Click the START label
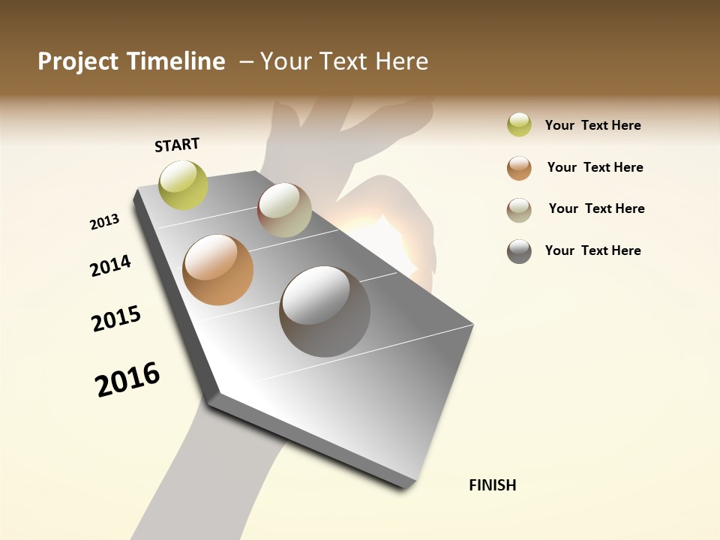coord(177,145)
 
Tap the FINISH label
coord(492,485)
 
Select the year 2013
coord(104,222)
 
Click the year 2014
coord(110,266)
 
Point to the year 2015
coord(116,319)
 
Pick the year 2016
coord(127,379)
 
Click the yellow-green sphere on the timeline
coord(184,184)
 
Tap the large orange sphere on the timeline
coord(218,270)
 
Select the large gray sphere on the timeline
coord(325,311)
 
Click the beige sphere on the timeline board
coord(284,210)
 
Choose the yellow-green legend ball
coord(519,125)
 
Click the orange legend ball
coord(519,168)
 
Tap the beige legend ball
coord(519,210)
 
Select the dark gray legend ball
coord(519,251)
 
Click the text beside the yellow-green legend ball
coord(592,125)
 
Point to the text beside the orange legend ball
coord(595,167)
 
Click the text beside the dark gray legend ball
coord(592,250)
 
